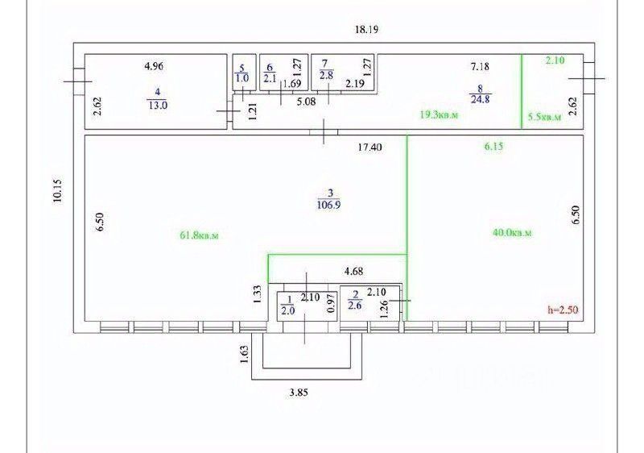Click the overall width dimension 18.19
coord(366,29)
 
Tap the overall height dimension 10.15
coord(57,191)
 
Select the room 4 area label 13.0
coord(158,103)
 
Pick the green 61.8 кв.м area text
coord(200,235)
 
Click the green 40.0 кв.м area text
coord(512,233)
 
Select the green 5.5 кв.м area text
coord(544,117)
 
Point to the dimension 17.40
coord(370,148)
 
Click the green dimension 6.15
coord(492,147)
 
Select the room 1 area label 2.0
coord(287,307)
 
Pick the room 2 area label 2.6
coord(355,305)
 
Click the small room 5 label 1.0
coord(242,78)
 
